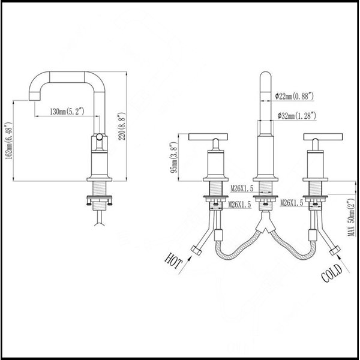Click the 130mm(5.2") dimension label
tap(67, 112)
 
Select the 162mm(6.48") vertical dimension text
tap(8, 140)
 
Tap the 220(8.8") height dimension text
tap(122, 126)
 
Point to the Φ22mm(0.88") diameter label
tap(295, 96)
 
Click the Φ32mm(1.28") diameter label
tap(296, 115)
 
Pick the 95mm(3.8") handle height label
tap(173, 157)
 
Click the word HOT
tap(173, 261)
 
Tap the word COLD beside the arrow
tap(332, 273)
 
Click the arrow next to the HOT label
tap(185, 265)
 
